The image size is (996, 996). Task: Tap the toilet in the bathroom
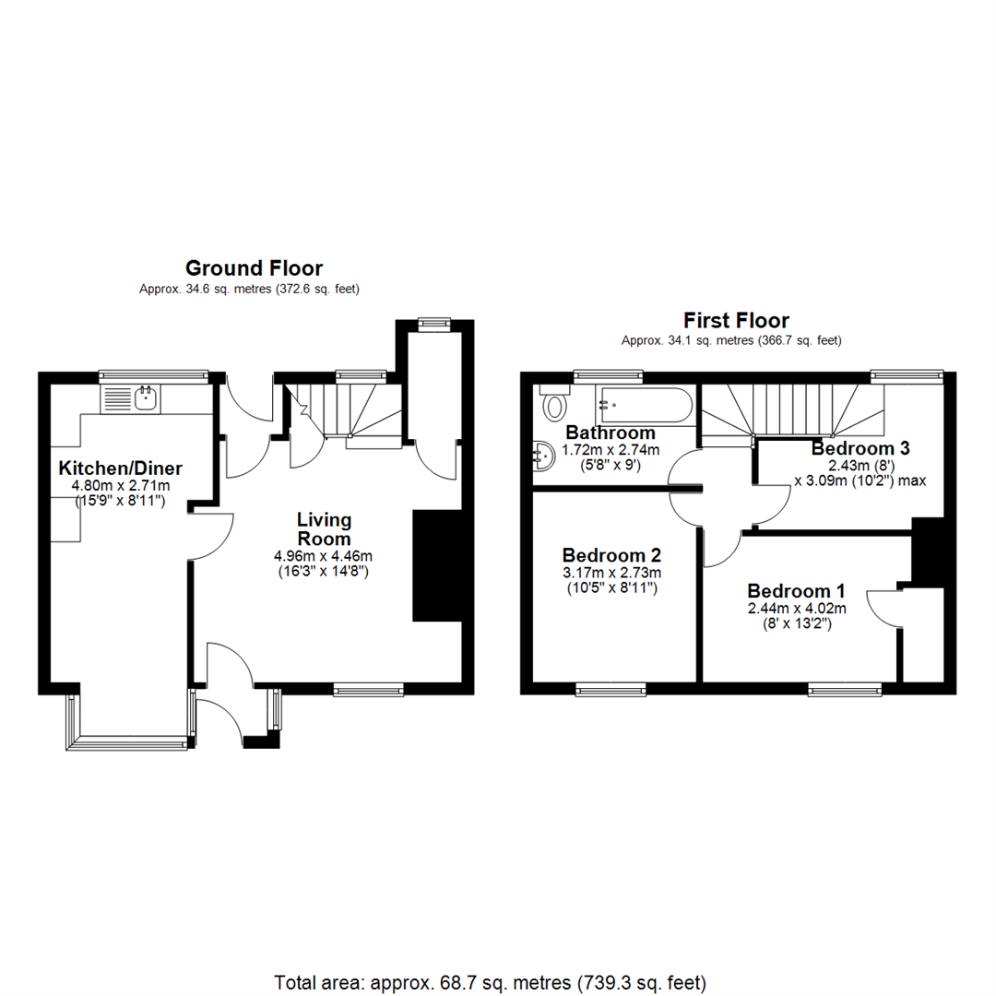553,404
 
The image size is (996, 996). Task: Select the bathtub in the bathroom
645,405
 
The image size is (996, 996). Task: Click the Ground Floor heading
254,268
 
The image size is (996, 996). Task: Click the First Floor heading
736,321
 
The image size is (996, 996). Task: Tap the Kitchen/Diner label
120,468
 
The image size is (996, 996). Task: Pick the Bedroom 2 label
612,555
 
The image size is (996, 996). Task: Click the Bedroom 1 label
797,591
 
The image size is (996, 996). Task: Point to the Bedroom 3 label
860,449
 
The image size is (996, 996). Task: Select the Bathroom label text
611,433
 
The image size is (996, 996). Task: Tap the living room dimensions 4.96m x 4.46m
323,556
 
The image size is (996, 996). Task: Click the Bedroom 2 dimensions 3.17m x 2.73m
611,573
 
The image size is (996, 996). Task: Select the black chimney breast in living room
435,565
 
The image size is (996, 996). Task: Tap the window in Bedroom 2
611,688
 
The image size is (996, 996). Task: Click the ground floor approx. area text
249,289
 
